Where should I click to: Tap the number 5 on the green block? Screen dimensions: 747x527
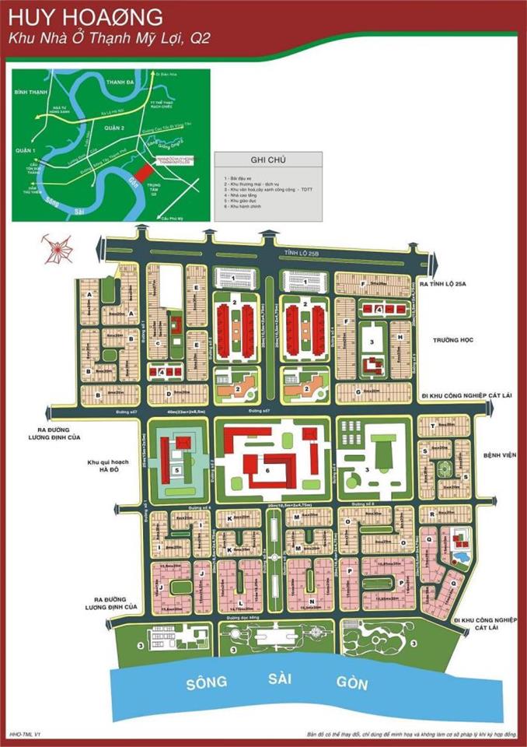[178, 470]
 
